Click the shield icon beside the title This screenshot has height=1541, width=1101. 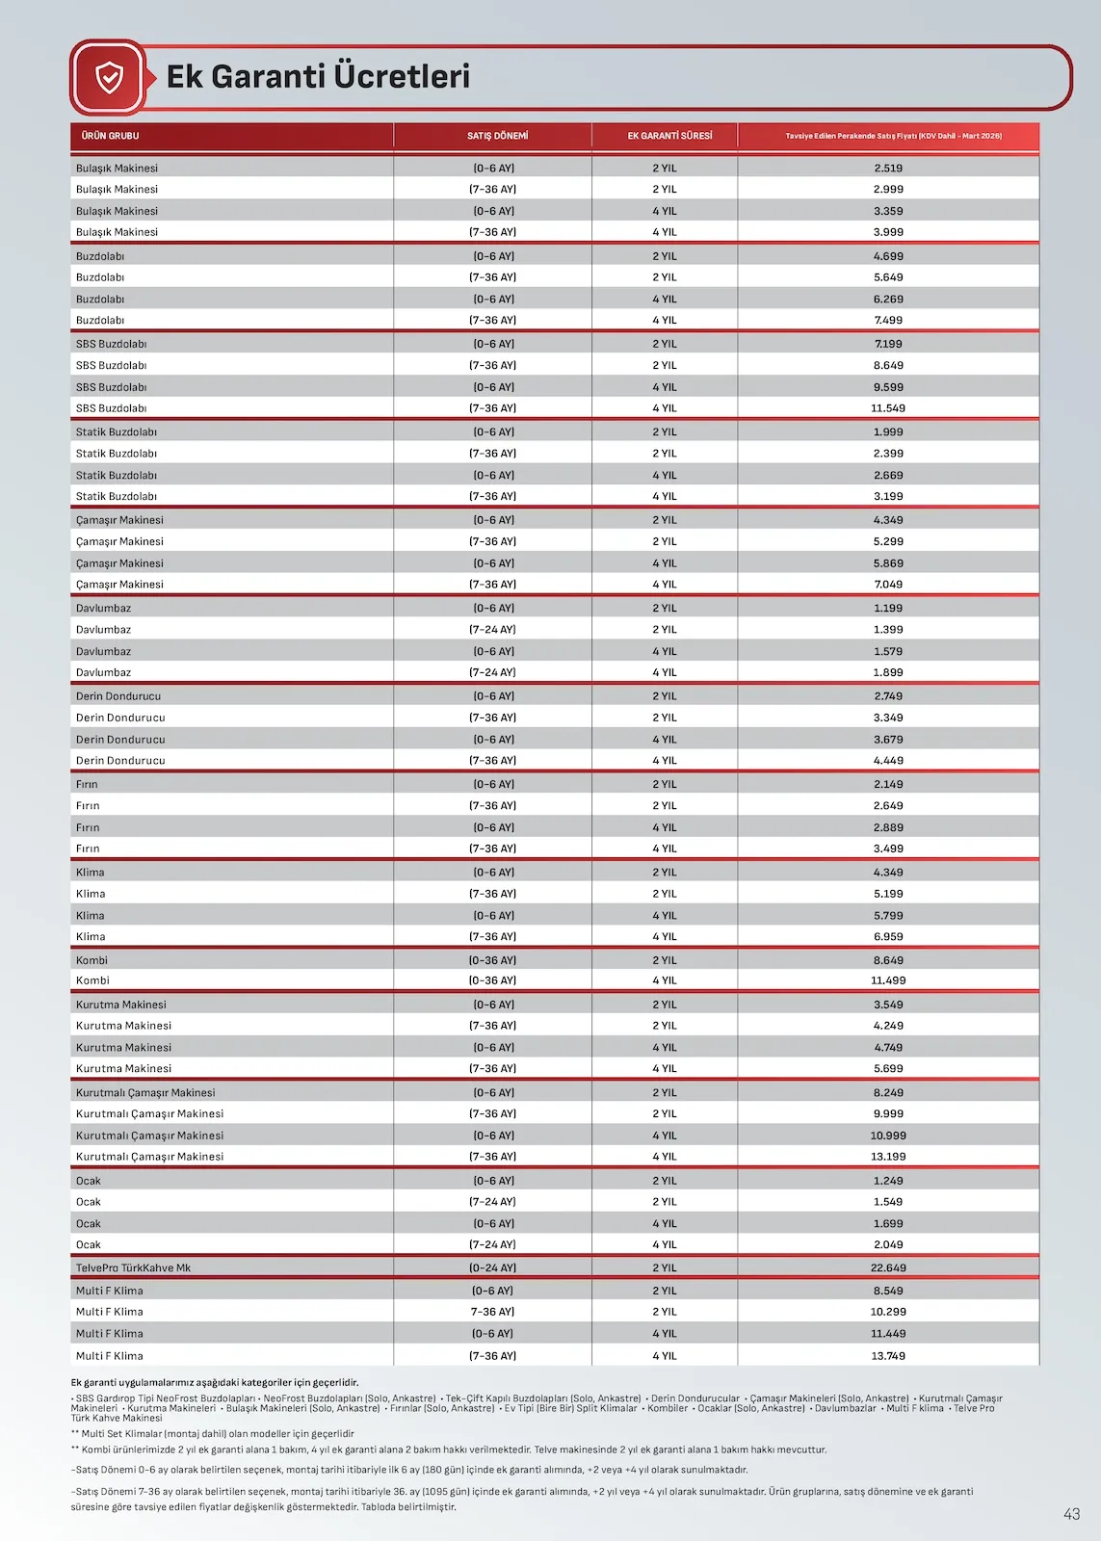click(x=110, y=77)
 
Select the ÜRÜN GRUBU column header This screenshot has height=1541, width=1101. click(x=110, y=136)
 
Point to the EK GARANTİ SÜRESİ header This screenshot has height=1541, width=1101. click(x=669, y=136)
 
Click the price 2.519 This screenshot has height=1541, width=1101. click(x=888, y=168)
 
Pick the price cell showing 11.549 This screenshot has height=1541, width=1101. click(x=888, y=408)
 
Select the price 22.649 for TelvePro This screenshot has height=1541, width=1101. click(x=888, y=1267)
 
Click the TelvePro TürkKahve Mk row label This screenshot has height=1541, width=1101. click(x=133, y=1267)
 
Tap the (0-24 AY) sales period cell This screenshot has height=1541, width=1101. click(x=493, y=1267)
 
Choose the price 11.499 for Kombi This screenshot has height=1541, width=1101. click(x=888, y=980)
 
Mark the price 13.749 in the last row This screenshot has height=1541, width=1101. click(x=888, y=1355)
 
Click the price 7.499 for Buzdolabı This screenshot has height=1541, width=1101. click(x=888, y=320)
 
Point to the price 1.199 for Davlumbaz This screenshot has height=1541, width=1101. click(x=888, y=608)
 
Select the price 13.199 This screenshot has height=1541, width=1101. click(x=888, y=1157)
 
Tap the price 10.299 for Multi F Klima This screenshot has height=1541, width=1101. click(x=888, y=1312)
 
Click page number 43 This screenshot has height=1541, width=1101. click(x=1071, y=1514)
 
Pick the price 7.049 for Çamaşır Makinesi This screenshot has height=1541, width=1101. click(x=888, y=585)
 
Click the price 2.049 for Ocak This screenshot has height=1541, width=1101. click(x=888, y=1244)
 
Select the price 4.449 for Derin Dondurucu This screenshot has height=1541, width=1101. click(x=888, y=760)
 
